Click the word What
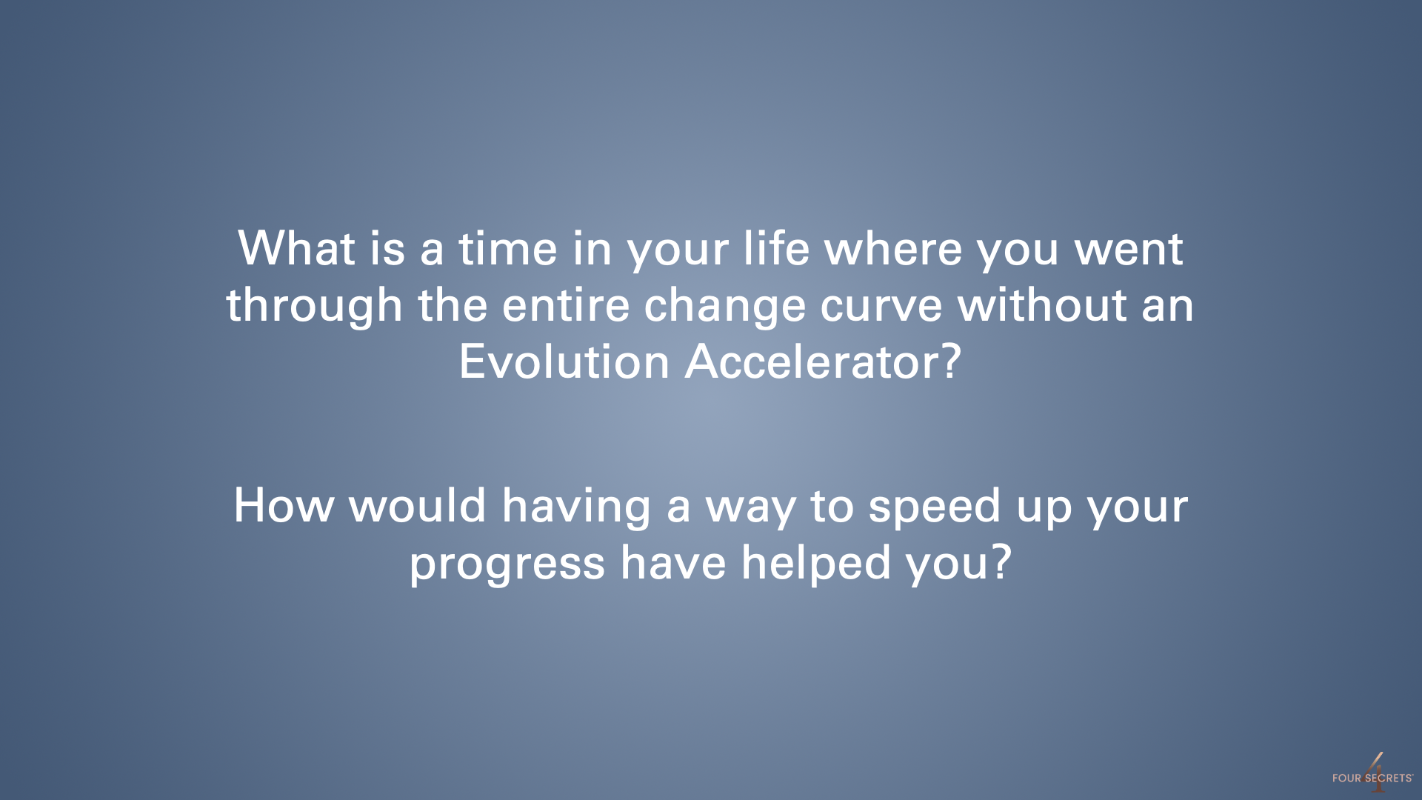coord(296,248)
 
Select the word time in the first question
coord(507,248)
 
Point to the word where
coord(893,248)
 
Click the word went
coord(1129,250)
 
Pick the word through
coord(315,307)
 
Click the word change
coord(724,307)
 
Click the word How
coord(284,506)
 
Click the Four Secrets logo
coord(1372,773)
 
